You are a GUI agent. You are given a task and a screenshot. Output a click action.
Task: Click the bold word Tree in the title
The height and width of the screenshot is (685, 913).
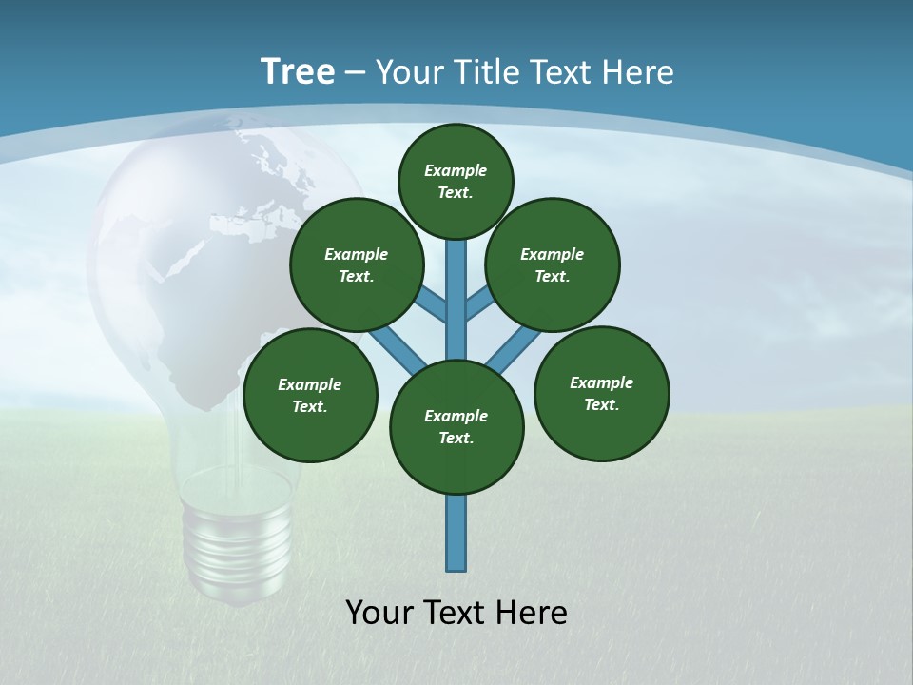(298, 71)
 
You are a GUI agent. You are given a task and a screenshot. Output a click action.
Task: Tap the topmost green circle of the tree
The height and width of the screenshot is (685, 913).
(456, 181)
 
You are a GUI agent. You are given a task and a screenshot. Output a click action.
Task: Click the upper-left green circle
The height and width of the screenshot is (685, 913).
(357, 264)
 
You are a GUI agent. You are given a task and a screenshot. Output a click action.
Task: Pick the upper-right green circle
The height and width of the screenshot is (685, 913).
(553, 264)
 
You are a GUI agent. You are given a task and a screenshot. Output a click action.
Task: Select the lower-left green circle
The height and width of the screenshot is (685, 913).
(310, 396)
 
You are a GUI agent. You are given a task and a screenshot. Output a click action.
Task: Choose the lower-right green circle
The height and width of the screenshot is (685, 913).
(602, 394)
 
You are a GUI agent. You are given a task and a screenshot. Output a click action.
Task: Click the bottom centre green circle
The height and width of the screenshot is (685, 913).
(456, 427)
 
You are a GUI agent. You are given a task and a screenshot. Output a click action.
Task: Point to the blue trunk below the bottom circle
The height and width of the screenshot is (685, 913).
(456, 533)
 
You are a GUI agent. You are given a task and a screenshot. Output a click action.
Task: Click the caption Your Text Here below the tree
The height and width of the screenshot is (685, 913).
(456, 613)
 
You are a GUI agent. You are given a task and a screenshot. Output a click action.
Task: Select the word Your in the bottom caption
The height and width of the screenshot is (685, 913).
(379, 613)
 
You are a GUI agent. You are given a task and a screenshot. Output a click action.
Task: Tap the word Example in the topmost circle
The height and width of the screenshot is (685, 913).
(456, 170)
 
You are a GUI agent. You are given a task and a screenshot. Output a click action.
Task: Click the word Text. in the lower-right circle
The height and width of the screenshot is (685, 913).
(602, 404)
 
